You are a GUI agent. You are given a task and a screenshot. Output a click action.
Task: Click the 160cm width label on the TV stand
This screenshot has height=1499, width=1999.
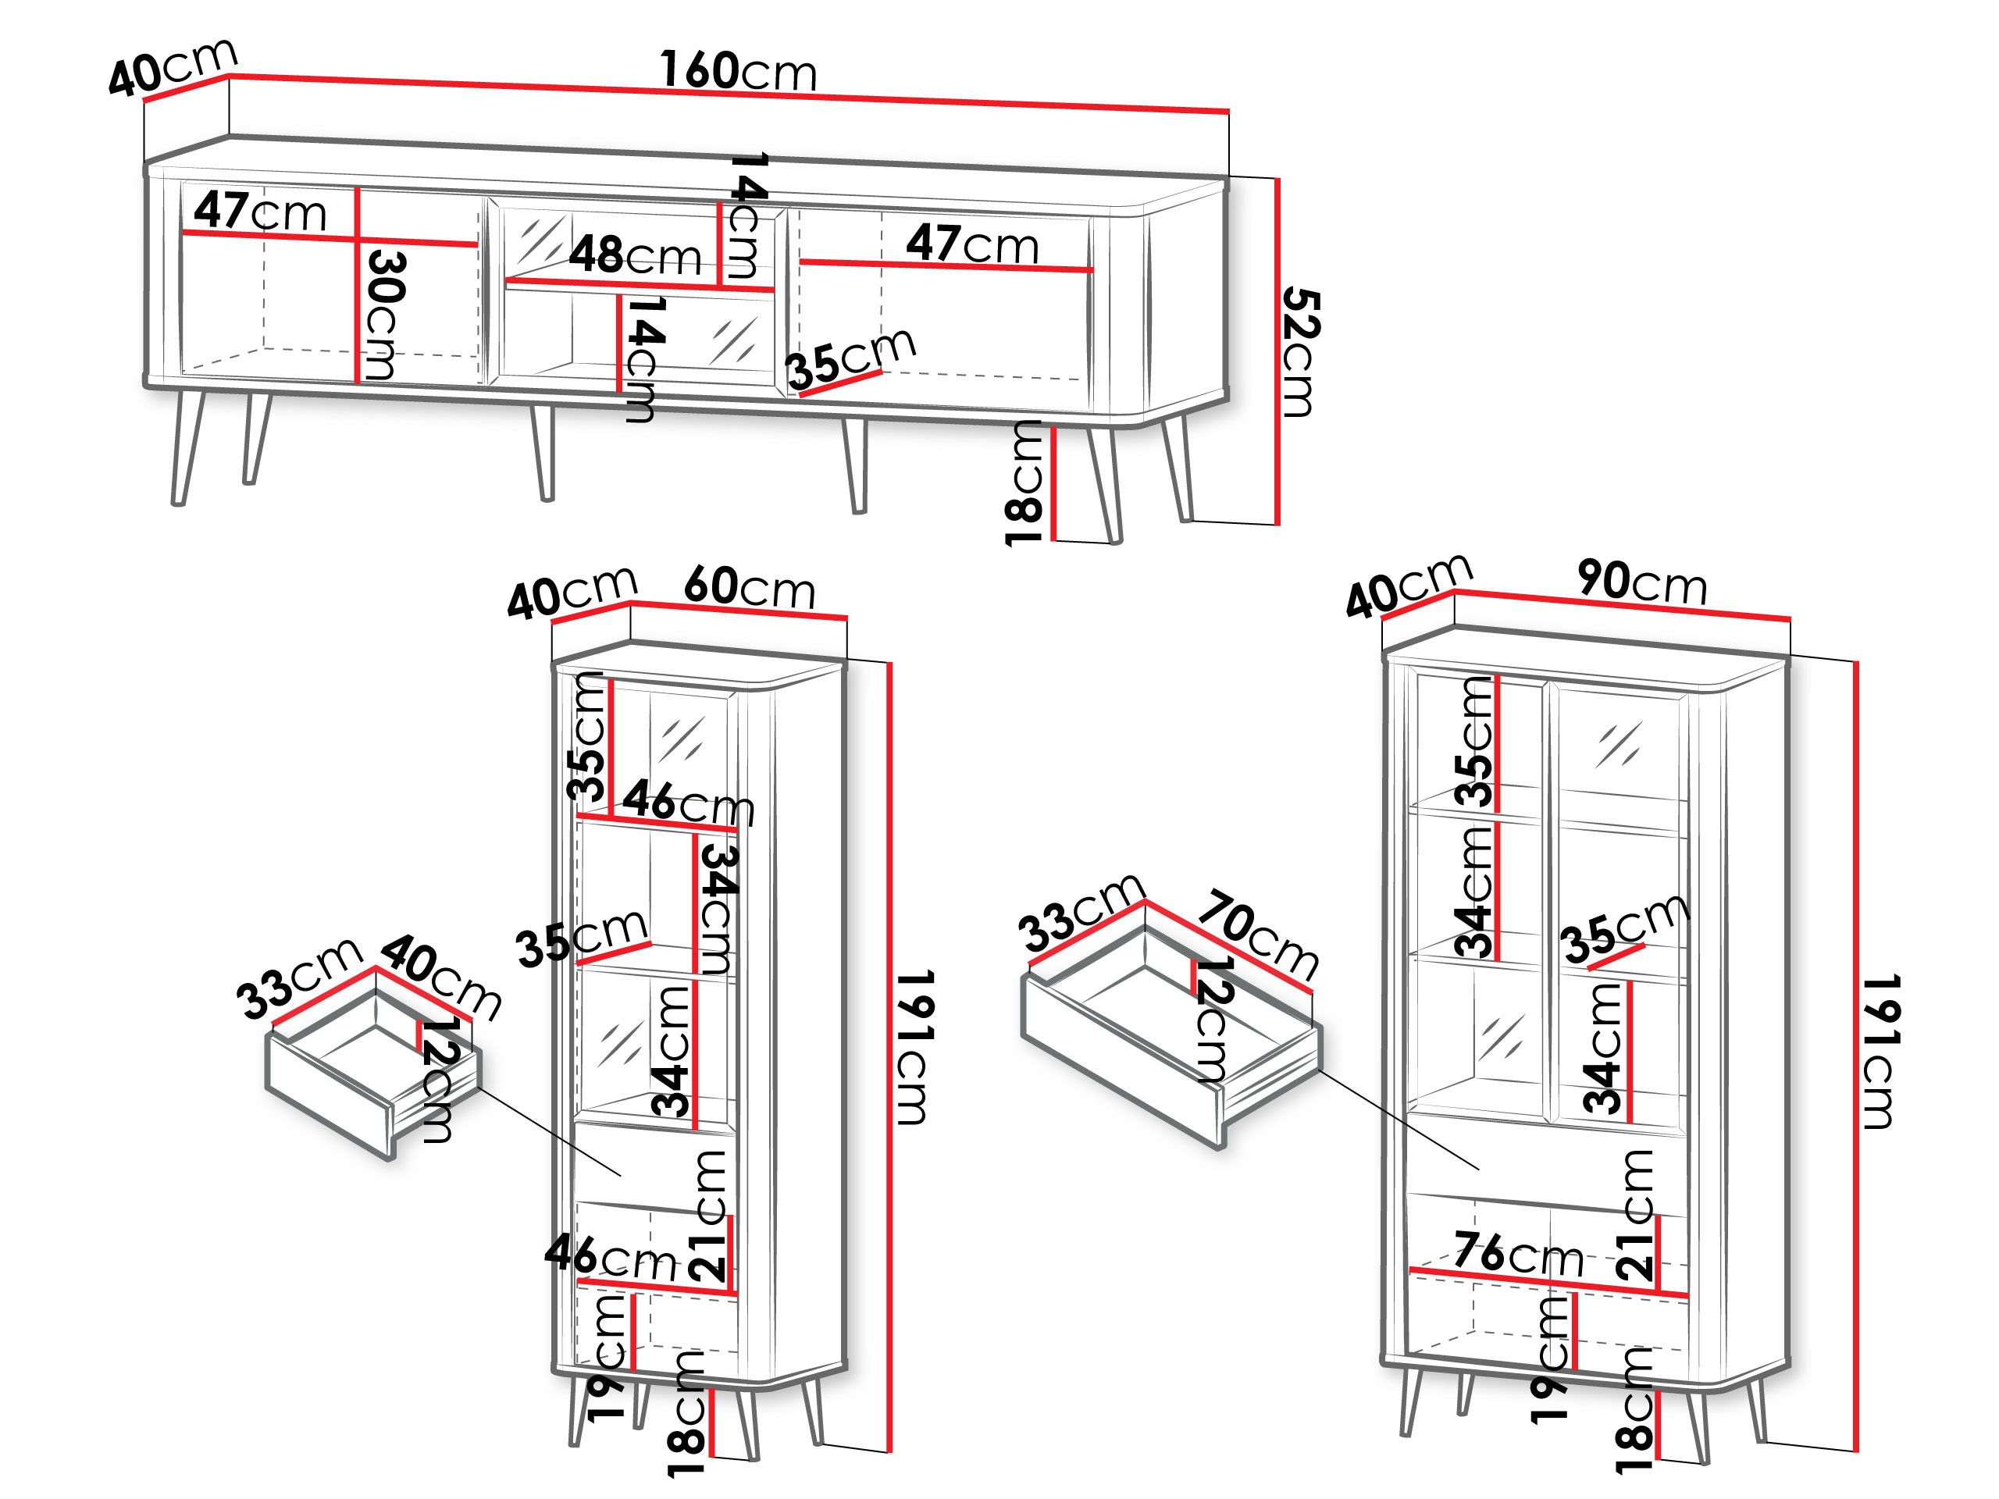[739, 71]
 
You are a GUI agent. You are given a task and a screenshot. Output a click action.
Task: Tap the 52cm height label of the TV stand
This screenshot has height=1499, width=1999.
[1302, 352]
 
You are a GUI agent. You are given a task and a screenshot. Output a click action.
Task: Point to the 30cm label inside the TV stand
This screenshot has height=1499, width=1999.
[386, 315]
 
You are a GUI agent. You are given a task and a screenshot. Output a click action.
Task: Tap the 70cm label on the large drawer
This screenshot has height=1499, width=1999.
[1259, 935]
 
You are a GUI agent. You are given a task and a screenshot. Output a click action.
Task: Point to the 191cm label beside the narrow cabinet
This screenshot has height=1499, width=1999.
[914, 1048]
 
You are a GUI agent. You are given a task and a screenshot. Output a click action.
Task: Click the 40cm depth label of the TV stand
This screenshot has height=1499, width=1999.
[173, 68]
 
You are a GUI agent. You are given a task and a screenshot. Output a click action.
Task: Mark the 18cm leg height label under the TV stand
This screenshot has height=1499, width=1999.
[1024, 483]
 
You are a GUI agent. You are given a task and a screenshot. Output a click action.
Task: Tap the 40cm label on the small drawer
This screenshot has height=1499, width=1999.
[441, 978]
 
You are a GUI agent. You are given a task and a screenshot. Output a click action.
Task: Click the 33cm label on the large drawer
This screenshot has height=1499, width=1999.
[1081, 913]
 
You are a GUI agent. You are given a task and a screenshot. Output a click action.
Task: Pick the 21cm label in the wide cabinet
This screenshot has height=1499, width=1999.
[1635, 1216]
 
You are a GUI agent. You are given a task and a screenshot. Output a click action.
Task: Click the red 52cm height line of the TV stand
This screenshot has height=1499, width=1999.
[1277, 351]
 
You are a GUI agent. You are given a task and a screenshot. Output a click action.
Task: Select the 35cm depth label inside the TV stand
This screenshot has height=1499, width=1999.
[850, 358]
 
